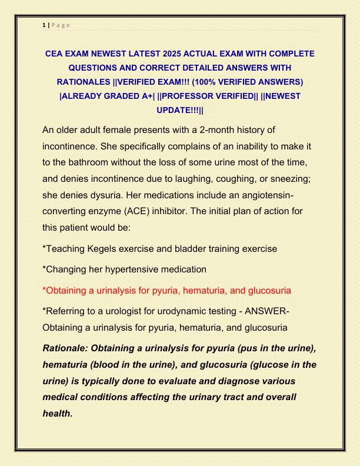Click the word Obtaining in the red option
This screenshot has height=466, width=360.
point(68,291)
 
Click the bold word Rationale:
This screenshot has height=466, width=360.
point(69,348)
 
